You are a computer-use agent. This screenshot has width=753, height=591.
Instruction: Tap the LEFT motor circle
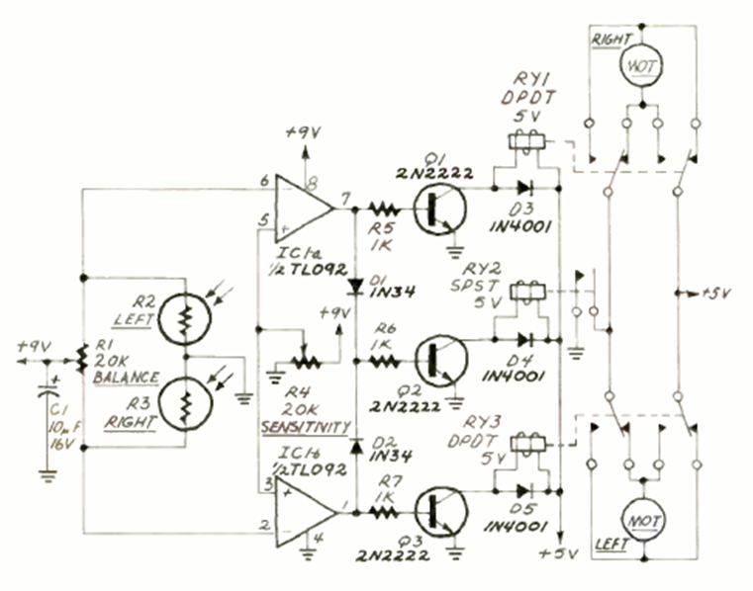tap(644, 521)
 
